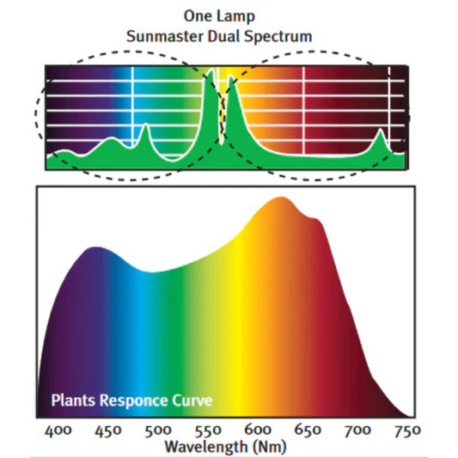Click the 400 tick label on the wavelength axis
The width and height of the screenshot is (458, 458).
click(58, 430)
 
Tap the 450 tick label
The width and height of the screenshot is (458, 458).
click(107, 430)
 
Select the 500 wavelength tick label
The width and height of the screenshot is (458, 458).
click(156, 430)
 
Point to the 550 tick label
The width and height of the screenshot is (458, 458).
click(206, 430)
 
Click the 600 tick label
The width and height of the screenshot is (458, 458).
click(256, 430)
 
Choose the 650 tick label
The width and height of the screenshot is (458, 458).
click(305, 430)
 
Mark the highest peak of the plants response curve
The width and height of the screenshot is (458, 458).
click(280, 198)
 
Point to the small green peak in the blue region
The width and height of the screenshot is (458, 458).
click(145, 128)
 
